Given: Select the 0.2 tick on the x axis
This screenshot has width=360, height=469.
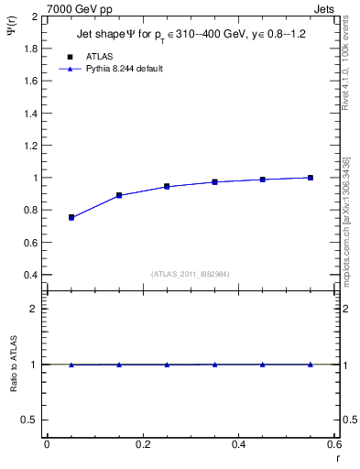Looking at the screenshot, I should (x=143, y=444).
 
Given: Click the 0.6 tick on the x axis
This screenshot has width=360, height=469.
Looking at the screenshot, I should (x=334, y=444).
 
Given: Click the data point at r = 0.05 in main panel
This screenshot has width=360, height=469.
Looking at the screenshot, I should (x=71, y=217).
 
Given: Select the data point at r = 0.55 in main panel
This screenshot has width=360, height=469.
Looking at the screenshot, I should (x=311, y=178).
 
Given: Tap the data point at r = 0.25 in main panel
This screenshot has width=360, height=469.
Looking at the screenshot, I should (x=167, y=186).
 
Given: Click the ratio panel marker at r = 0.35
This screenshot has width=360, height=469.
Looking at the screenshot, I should (x=214, y=365).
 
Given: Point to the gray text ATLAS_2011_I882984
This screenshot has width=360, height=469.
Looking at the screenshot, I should (x=191, y=274).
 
